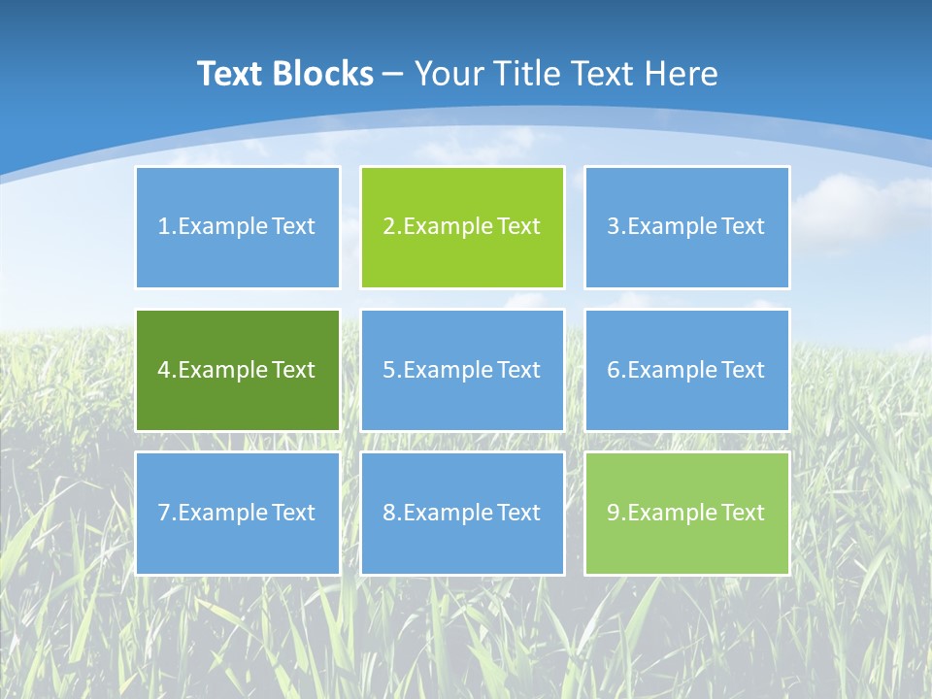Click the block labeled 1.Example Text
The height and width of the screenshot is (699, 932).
237,227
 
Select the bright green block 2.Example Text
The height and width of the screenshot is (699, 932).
462,227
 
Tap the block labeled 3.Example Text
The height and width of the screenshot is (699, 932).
686,227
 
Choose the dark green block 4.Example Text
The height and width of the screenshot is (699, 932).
237,370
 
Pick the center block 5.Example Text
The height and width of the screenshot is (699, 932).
462,370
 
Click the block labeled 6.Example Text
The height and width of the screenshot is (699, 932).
686,370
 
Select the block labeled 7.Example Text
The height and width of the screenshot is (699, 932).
237,513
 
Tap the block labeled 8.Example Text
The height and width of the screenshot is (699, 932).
462,513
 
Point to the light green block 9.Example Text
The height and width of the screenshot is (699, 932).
686,513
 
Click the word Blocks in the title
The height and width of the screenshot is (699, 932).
325,74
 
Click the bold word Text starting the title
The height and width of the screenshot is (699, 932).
232,74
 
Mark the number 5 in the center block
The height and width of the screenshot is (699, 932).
388,370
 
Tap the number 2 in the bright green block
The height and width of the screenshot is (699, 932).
388,227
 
